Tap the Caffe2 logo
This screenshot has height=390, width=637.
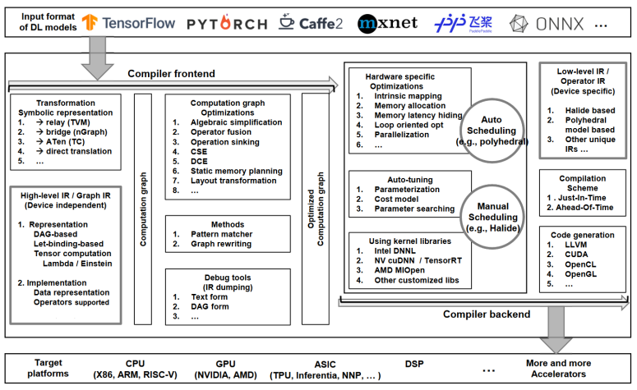[x=312, y=22]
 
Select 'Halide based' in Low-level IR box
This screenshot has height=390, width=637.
[x=588, y=110]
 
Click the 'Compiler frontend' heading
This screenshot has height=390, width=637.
[x=170, y=74]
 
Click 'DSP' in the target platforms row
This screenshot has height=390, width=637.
[x=414, y=361]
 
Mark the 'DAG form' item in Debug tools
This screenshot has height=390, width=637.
[x=209, y=307]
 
